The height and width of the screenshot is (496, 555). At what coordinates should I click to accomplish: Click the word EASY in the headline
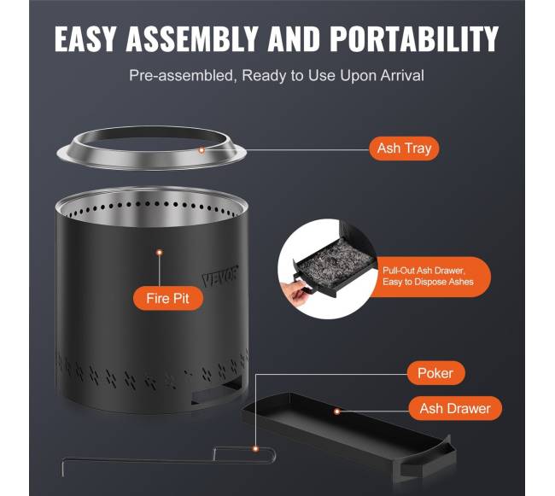point(85,38)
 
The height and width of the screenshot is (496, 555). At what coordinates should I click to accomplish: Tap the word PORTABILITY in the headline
point(414,38)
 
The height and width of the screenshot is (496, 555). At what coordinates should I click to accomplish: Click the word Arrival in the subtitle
point(402,75)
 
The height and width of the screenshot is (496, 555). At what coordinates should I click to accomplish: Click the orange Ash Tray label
point(404,149)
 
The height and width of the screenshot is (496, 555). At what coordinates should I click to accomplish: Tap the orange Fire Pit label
point(168,298)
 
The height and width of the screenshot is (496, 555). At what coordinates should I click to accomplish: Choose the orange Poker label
point(435,373)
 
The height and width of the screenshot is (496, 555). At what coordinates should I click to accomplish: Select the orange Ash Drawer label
point(455,408)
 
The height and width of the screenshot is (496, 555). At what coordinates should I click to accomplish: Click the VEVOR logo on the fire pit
point(219,275)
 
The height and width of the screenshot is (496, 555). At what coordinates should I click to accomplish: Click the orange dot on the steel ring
point(202,150)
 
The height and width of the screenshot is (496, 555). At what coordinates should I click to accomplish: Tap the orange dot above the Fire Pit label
point(160,252)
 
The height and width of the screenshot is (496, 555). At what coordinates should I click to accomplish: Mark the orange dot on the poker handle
point(255,449)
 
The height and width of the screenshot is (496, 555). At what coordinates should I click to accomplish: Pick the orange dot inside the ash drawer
point(337,411)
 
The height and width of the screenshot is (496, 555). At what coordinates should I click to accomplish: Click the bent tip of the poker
point(63,468)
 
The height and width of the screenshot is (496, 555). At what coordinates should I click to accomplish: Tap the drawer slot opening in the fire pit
point(217,391)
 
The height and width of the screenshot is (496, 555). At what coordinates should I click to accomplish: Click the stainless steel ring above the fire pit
point(151,162)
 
